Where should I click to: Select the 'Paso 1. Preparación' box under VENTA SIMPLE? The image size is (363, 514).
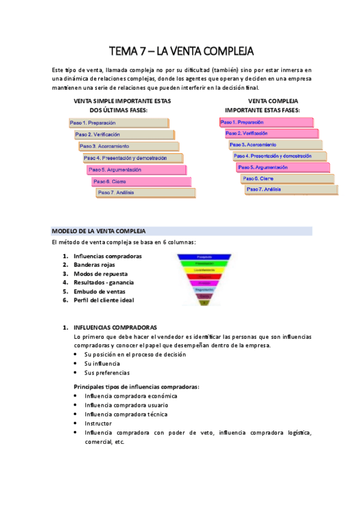click(119, 123)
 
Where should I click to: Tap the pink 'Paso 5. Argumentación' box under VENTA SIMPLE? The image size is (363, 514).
click(136, 170)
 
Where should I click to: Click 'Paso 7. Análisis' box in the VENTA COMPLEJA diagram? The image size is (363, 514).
click(291, 190)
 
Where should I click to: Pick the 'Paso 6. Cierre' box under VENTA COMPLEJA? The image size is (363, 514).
click(287, 179)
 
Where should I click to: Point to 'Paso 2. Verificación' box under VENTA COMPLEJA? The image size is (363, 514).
click(270, 133)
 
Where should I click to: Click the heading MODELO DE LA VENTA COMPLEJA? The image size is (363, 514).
click(99, 231)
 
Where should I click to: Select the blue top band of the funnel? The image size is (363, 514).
click(204, 256)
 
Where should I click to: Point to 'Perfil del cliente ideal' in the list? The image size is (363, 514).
click(104, 300)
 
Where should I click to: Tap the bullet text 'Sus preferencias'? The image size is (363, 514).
click(107, 373)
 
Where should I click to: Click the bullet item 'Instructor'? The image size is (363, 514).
click(99, 423)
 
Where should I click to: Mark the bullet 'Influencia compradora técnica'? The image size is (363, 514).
click(126, 414)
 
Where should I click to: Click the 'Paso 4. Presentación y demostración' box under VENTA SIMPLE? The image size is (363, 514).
click(133, 158)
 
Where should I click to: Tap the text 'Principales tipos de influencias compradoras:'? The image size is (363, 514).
click(136, 387)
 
